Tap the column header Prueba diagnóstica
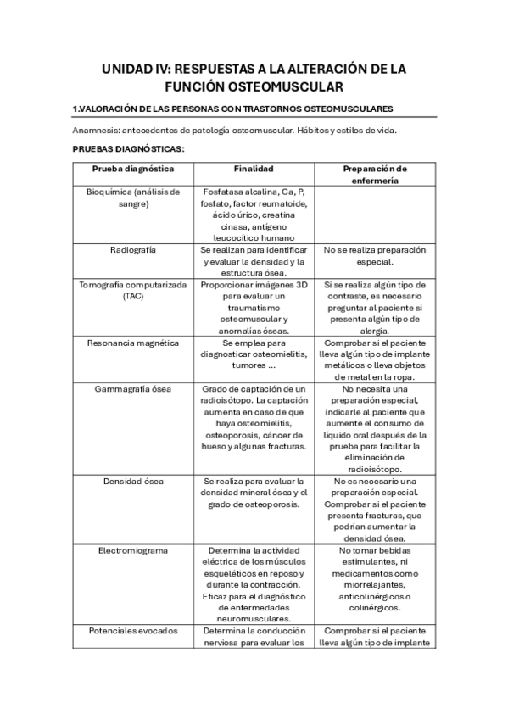[133, 169]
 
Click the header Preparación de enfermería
[374, 174]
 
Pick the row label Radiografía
[133, 250]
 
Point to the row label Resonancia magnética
[133, 343]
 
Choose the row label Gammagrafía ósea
[133, 388]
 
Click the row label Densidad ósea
[133, 481]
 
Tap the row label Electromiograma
[133, 549]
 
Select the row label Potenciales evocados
[133, 630]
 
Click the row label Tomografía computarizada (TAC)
[133, 291]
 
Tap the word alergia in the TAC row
[374, 331]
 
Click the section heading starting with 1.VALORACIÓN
[232, 109]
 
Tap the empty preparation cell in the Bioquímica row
[374, 215]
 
